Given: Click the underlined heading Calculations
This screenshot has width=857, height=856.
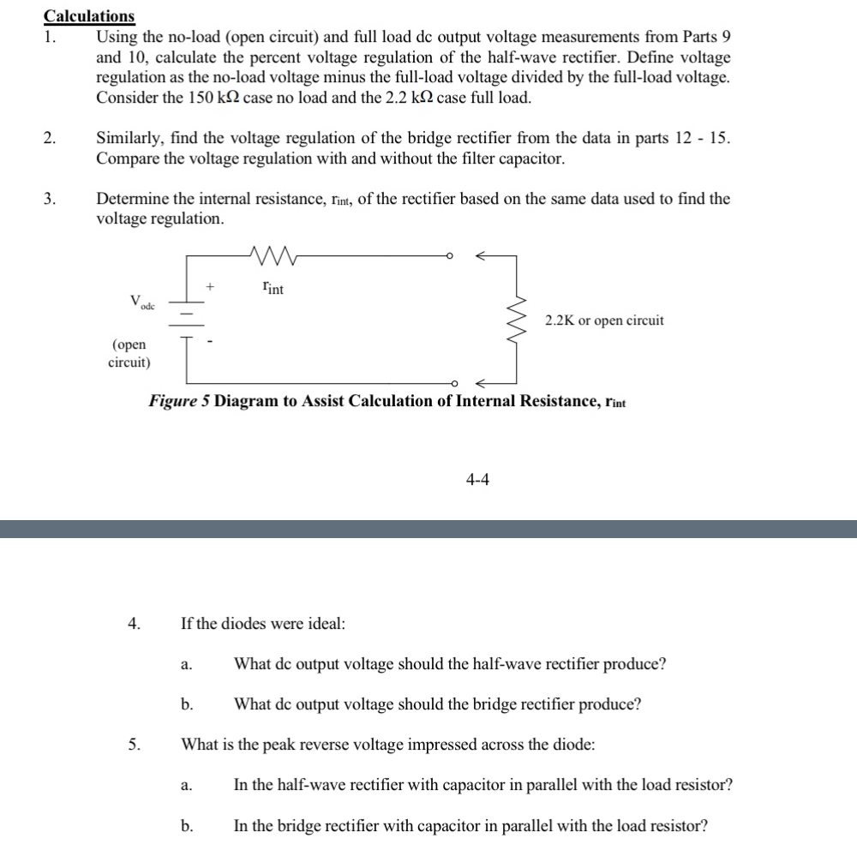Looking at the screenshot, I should click(89, 15).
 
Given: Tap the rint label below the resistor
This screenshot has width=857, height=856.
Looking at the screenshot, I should click(273, 289).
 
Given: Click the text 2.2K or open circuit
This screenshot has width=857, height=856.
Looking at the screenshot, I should click(604, 320).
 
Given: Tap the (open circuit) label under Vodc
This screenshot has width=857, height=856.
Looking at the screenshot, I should click(129, 353).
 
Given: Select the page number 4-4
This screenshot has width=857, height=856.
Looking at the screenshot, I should click(477, 480).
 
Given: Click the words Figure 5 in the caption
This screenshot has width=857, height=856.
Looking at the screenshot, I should click(179, 401).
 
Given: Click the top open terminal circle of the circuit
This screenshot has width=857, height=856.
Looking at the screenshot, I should click(452, 255).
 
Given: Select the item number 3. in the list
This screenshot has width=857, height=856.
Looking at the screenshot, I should click(51, 199).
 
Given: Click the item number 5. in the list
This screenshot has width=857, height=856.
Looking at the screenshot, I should click(134, 745).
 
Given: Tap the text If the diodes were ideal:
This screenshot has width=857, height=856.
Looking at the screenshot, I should click(263, 624).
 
